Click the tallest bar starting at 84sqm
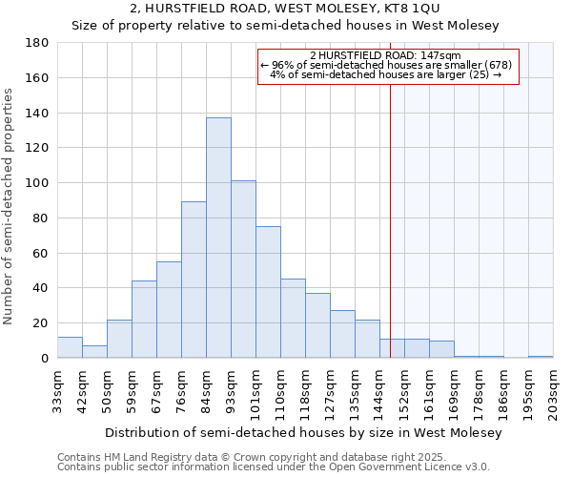click(x=218, y=238)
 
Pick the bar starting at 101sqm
click(x=268, y=292)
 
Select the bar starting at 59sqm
click(x=144, y=320)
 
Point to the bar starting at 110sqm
click(x=293, y=319)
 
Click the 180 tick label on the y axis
click(x=37, y=43)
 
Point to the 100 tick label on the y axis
click(x=37, y=183)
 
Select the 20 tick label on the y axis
click(x=41, y=323)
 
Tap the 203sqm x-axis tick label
click(x=554, y=389)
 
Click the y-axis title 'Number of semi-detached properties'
click(x=10, y=206)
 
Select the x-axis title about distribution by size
click(x=303, y=433)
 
